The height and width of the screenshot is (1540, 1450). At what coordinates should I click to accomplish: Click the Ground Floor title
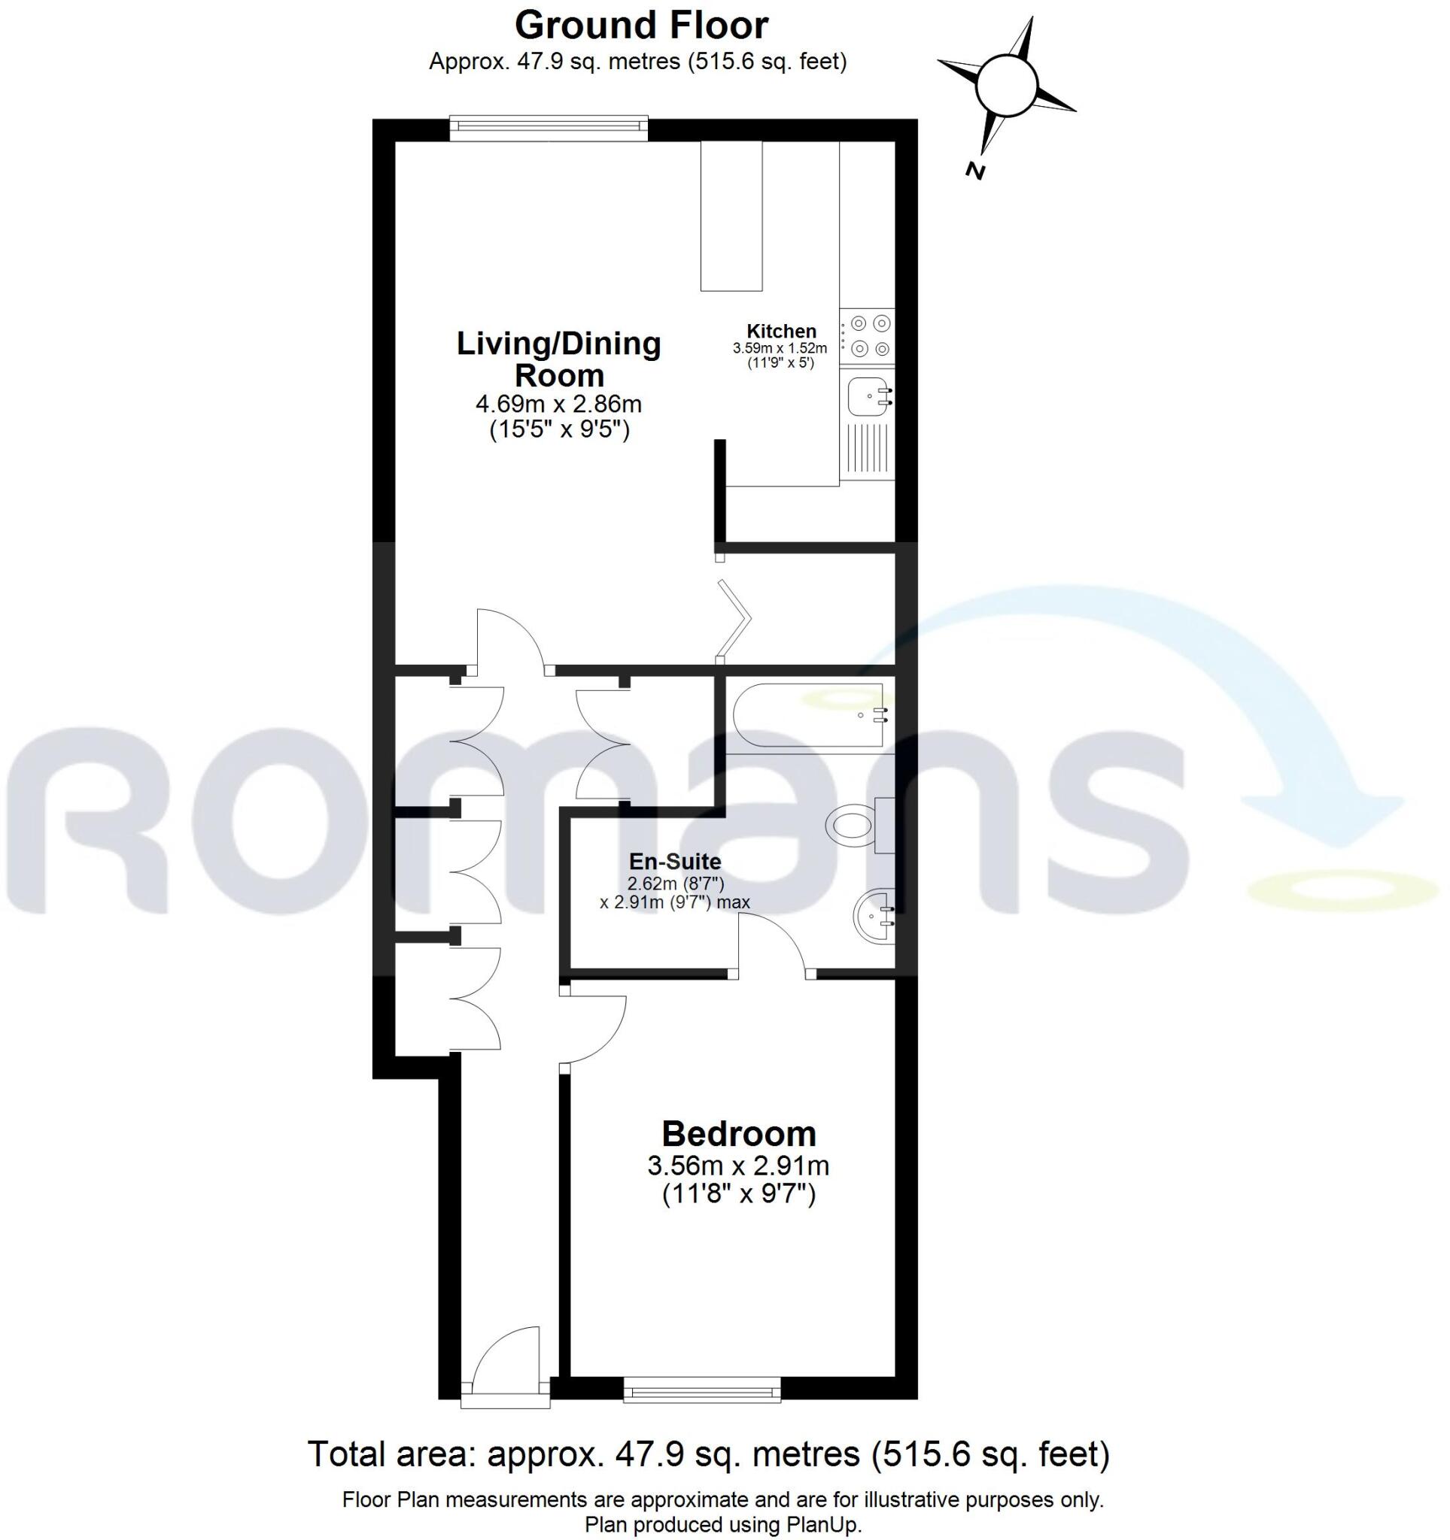point(641,25)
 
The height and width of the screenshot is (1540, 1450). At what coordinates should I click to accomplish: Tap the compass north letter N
point(976,171)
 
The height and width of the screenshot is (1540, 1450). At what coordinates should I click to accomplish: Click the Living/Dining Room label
point(558,359)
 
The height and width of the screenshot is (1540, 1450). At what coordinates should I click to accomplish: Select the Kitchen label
point(780,331)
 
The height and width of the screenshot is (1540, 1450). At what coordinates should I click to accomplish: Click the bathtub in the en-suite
point(806,715)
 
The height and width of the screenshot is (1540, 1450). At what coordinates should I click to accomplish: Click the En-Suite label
point(674,862)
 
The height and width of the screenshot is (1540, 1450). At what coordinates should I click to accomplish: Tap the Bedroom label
point(739,1133)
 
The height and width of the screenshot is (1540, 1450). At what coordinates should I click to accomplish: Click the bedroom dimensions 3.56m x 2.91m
point(739,1165)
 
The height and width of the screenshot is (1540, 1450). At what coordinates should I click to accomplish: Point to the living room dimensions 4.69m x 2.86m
point(558,404)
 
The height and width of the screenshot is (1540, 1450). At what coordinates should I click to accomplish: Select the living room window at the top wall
point(548,128)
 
